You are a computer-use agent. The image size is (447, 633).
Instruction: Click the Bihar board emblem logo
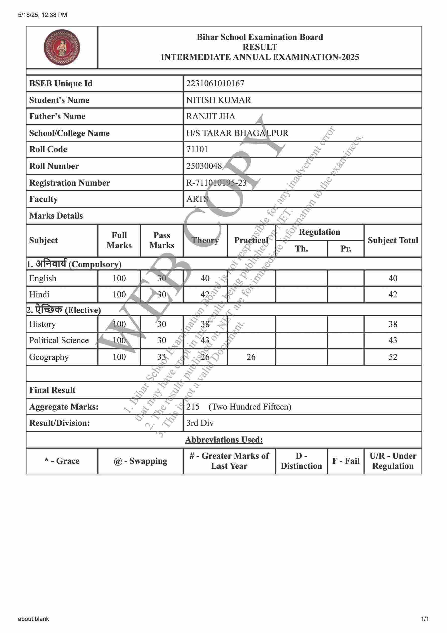(x=62, y=48)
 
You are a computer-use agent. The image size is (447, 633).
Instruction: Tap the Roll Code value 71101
(x=197, y=149)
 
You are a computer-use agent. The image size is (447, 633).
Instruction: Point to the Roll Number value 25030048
(x=204, y=166)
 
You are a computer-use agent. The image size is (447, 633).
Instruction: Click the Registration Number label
(x=69, y=183)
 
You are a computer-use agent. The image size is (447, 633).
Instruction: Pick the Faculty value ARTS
(x=197, y=199)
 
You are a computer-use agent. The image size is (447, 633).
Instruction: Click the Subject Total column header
(x=393, y=240)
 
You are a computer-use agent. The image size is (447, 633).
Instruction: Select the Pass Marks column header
(x=161, y=240)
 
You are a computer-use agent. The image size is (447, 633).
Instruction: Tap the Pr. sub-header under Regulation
(x=346, y=249)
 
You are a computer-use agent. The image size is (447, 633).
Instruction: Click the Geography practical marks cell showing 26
(x=251, y=357)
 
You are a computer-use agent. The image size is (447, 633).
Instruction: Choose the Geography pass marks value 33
(x=161, y=357)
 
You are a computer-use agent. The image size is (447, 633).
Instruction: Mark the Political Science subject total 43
(x=393, y=340)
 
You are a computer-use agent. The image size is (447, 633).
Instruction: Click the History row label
(x=43, y=324)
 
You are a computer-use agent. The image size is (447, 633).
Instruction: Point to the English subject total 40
(x=393, y=278)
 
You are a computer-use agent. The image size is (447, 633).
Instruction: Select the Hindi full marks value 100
(x=119, y=294)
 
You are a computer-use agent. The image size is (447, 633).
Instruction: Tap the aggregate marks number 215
(x=193, y=407)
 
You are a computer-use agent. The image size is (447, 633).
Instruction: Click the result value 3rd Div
(x=200, y=423)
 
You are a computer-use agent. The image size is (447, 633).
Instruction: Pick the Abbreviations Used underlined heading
(x=224, y=439)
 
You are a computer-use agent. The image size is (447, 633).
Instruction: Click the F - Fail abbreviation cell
(x=346, y=461)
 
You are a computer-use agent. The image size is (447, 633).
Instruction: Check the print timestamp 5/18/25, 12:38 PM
(x=43, y=15)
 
